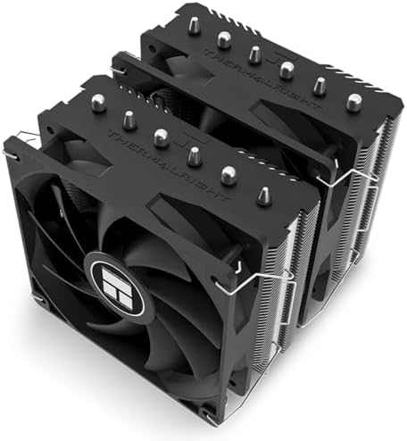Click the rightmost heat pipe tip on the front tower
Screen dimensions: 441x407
click(263, 195)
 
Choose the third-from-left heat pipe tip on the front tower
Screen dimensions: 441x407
click(161, 137)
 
